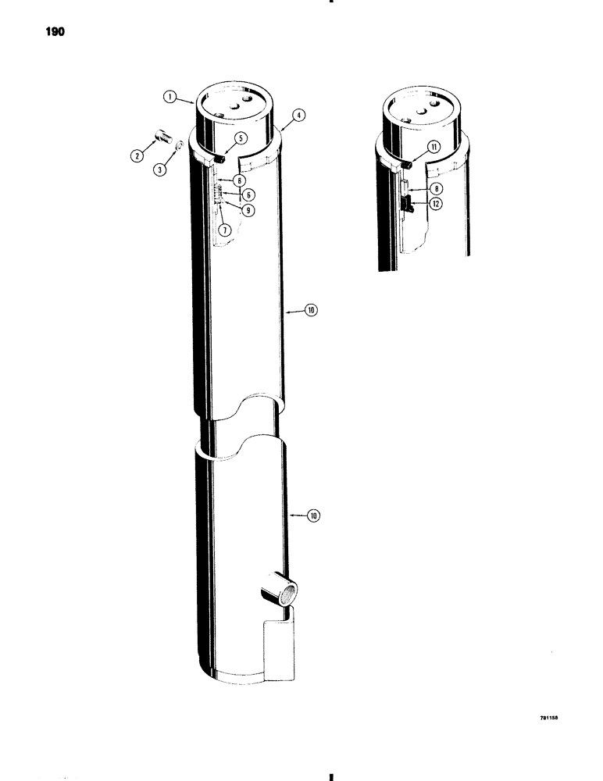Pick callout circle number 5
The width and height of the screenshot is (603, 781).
coord(238,137)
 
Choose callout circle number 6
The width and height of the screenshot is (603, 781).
coord(247,194)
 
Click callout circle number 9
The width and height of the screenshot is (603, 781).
coord(247,209)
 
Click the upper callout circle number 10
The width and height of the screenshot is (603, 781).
coord(311,311)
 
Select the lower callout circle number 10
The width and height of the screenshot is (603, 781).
coord(315,515)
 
